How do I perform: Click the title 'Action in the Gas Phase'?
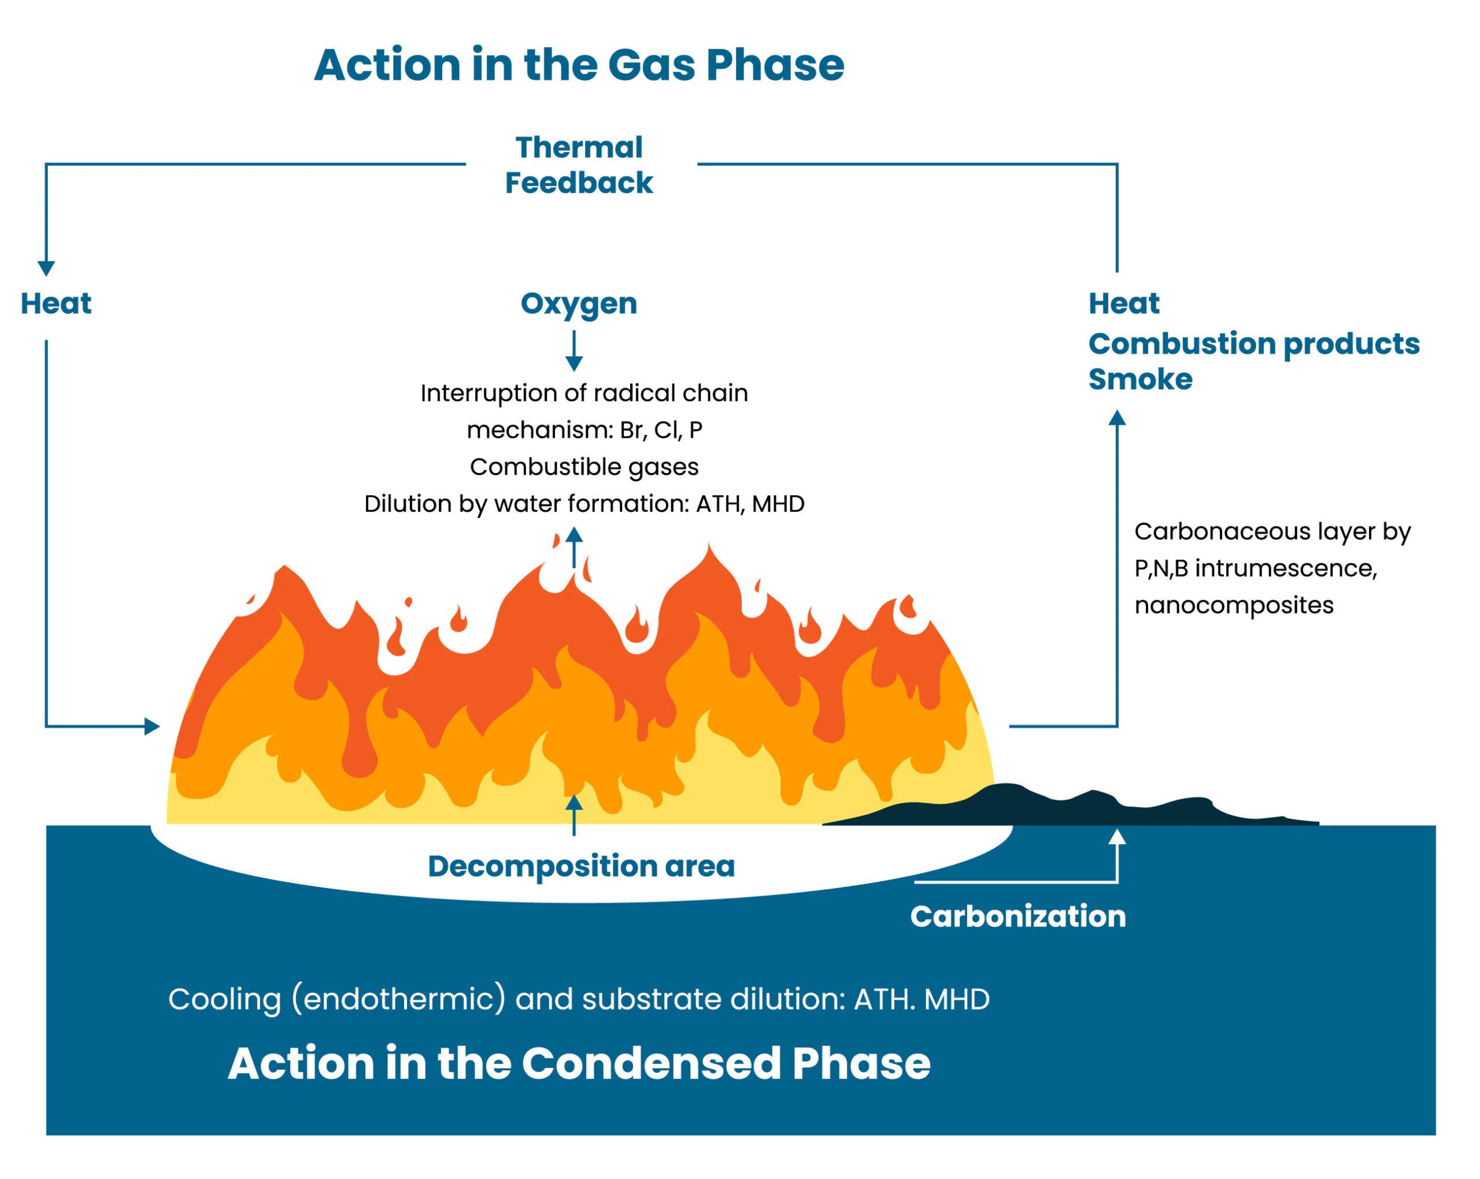click(579, 65)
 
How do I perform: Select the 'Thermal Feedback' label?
click(579, 165)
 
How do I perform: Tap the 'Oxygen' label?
click(579, 304)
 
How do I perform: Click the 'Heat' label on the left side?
click(55, 304)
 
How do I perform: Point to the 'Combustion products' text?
click(1253, 343)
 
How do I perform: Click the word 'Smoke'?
click(1140, 379)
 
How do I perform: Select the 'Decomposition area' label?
click(581, 866)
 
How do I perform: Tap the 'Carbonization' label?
click(1017, 916)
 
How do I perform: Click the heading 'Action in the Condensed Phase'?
click(579, 1063)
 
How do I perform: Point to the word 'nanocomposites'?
click(1234, 605)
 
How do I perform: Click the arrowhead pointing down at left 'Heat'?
click(46, 268)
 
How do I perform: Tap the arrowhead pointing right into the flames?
click(151, 726)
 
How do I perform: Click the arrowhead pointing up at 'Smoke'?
click(1117, 417)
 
